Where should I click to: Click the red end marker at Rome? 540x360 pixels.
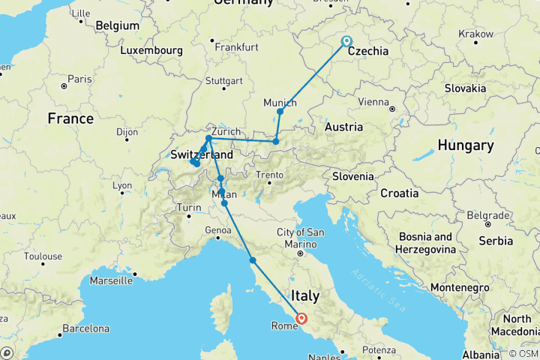(x=301, y=318)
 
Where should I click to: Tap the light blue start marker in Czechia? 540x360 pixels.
(x=346, y=41)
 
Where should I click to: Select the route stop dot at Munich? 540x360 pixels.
(x=280, y=112)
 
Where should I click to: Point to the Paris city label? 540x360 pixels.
(x=79, y=79)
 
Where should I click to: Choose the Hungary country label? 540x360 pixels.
(x=466, y=145)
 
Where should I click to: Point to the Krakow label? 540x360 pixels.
(x=475, y=34)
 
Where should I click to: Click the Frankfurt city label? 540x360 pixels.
(x=235, y=46)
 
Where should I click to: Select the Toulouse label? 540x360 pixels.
(x=42, y=256)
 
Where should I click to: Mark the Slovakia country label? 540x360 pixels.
(x=465, y=88)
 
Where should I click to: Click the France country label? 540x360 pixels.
(x=70, y=118)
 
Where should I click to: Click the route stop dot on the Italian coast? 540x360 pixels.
(x=253, y=260)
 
